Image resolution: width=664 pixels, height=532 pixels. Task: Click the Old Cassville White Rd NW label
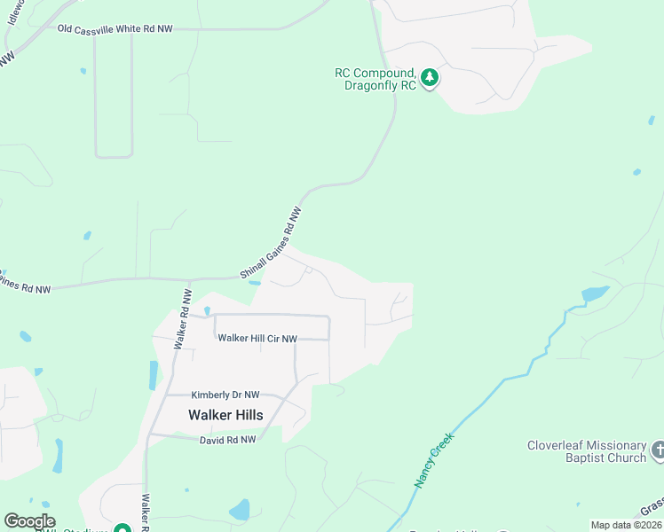point(115,29)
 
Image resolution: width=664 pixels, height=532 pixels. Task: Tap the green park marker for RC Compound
point(431,79)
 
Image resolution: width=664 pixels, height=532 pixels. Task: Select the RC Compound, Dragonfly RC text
point(375,80)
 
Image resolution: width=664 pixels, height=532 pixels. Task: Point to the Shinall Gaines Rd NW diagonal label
point(273,241)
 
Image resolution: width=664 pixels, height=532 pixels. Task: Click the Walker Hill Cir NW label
point(257,338)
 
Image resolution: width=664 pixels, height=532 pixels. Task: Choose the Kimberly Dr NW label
point(225,395)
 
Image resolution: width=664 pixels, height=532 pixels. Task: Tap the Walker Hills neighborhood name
point(225,415)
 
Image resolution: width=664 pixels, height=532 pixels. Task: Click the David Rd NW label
point(227,440)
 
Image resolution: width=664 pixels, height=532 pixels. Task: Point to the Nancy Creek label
point(433,460)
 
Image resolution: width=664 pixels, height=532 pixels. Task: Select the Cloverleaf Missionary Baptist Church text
point(587,451)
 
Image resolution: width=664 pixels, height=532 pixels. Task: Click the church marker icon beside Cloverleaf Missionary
point(658,450)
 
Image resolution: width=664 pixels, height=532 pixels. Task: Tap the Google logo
point(29,521)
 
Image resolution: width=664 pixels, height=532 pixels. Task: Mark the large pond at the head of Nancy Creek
point(594,293)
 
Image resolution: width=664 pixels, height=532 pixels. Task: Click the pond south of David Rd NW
point(240,510)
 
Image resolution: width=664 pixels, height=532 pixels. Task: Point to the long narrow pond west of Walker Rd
point(154,375)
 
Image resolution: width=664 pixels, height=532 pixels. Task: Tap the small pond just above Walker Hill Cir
point(207,310)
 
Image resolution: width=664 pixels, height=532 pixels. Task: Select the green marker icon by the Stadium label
point(122,528)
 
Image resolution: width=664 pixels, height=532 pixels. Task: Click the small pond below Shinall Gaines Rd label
point(256,283)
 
